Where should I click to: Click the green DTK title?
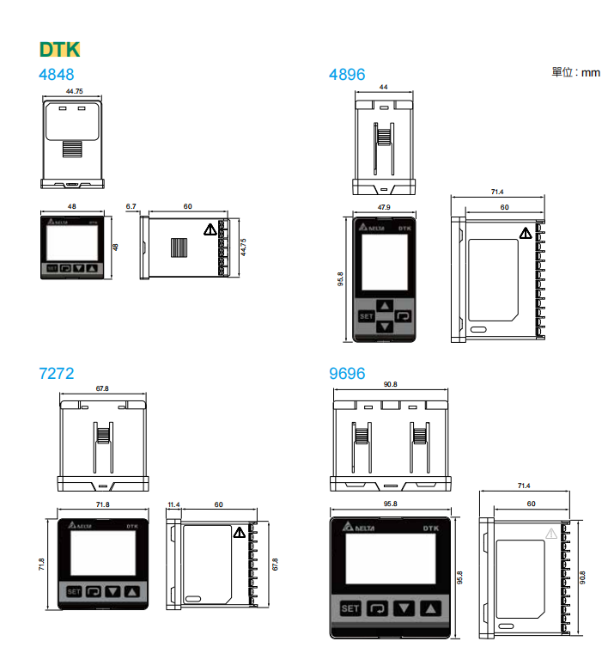[59, 49]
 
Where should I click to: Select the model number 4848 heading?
[57, 75]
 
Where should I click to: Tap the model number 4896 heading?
[347, 75]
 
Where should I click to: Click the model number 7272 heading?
[57, 374]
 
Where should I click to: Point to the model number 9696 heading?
[347, 374]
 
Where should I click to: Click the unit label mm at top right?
[590, 73]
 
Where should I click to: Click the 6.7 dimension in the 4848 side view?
[131, 207]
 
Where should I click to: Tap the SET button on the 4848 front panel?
[52, 268]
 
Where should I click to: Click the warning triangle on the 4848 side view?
[210, 230]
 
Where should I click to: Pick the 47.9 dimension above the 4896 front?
[383, 207]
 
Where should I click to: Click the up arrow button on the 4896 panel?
[385, 304]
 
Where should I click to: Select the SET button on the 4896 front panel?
[367, 316]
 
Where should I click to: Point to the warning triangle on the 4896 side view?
[525, 233]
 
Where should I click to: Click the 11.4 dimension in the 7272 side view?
[173, 504]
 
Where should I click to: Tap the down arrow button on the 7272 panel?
[112, 591]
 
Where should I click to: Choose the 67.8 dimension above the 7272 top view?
[102, 388]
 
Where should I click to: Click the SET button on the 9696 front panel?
[350, 609]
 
